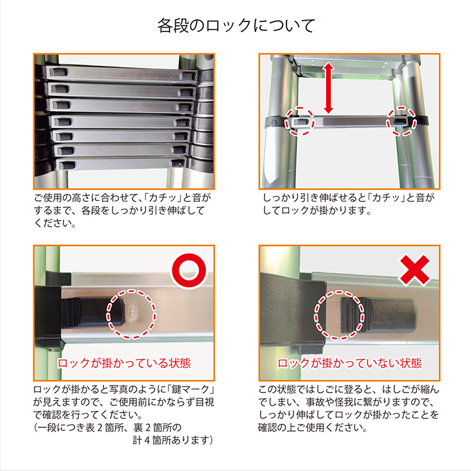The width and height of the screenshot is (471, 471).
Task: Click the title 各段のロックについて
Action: (236, 26)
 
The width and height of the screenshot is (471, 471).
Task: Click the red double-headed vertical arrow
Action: (328, 88)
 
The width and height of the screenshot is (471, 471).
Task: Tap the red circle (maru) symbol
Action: (188, 270)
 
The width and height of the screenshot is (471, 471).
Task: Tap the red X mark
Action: (414, 270)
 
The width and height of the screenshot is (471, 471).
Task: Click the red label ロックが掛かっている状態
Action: (124, 363)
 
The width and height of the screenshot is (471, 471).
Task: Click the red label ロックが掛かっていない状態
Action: (350, 363)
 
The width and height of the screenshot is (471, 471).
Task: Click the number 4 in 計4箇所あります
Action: (147, 440)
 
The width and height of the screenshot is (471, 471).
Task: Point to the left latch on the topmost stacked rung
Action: (59, 72)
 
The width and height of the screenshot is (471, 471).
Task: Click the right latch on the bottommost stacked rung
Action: (178, 163)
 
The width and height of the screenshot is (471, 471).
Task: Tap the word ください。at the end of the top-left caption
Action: (55, 223)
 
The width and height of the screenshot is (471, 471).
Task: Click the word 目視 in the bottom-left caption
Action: (205, 402)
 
